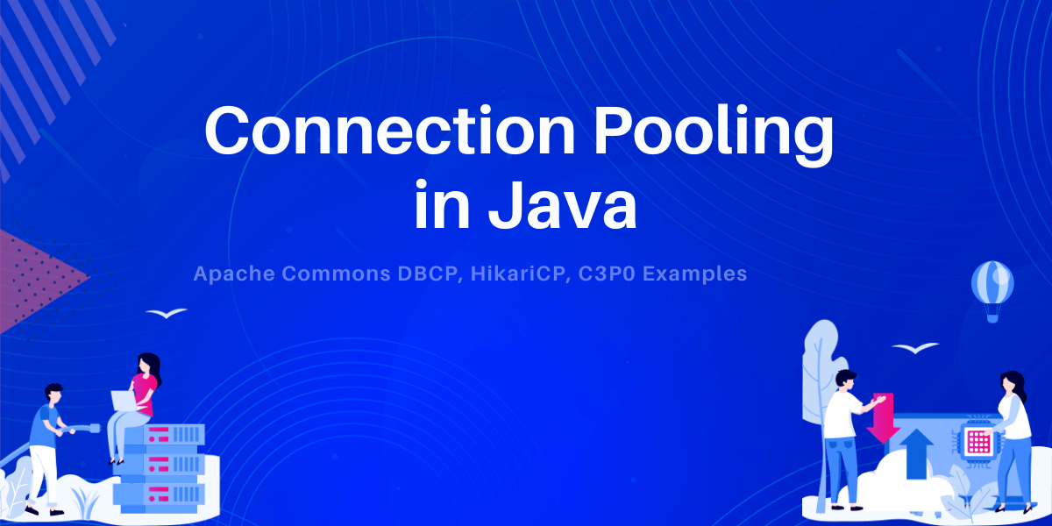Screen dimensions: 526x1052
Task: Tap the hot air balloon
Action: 992,288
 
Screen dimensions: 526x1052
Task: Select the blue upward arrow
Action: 915,452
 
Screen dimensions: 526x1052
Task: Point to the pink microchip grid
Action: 977,441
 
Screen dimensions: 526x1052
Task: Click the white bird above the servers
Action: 166,313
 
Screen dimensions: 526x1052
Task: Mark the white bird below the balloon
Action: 915,348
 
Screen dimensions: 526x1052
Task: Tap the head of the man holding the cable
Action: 53,394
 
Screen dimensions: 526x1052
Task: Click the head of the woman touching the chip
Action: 1012,382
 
